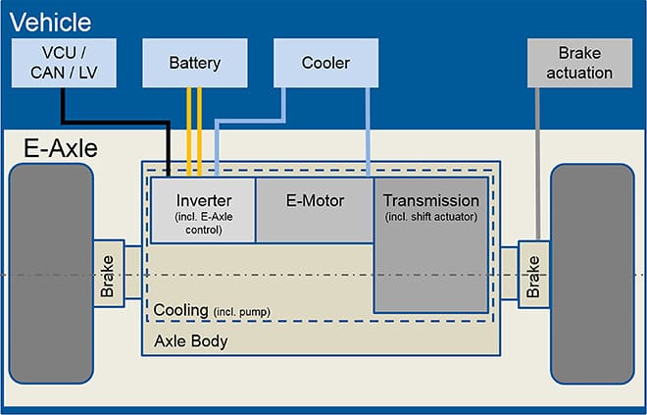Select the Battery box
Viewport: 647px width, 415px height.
pos(194,63)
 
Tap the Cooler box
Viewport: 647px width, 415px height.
pos(324,63)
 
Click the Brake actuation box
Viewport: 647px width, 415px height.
pos(584,63)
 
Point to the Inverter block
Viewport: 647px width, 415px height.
pos(202,210)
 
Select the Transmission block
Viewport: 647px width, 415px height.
pos(430,245)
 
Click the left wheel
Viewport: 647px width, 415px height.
pos(50,274)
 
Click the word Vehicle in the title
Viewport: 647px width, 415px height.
pos(50,22)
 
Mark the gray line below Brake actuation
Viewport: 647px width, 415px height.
pos(537,157)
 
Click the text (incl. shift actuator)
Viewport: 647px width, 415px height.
pos(430,216)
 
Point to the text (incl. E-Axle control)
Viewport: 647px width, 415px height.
pos(202,225)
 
